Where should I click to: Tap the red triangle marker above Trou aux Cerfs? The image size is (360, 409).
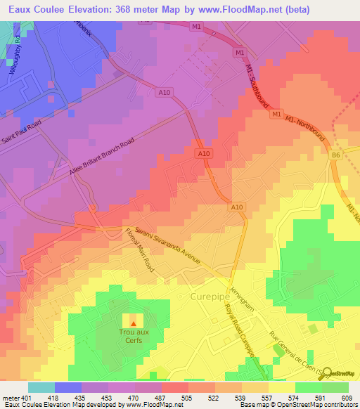(x=134, y=323)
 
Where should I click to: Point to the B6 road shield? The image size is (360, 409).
(x=335, y=155)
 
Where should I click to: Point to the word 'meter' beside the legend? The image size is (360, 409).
(x=10, y=398)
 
